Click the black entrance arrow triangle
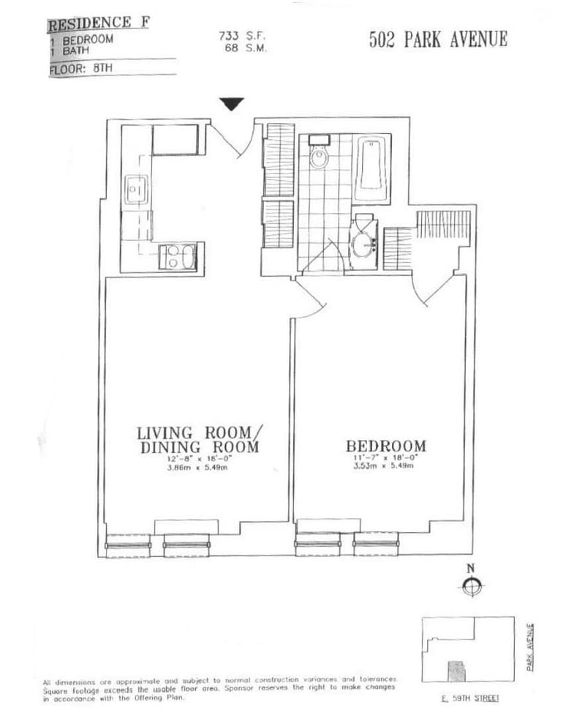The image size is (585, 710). coord(233,104)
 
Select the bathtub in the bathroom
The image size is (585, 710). coord(372,169)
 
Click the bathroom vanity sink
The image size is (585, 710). coord(363,245)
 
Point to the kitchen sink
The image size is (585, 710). coord(136,190)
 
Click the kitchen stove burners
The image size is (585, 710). coord(178,257)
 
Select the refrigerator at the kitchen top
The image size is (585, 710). coord(175,140)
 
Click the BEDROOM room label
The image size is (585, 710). coord(386,446)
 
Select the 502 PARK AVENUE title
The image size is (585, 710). coord(438,40)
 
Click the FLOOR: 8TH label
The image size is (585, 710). coord(81,70)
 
